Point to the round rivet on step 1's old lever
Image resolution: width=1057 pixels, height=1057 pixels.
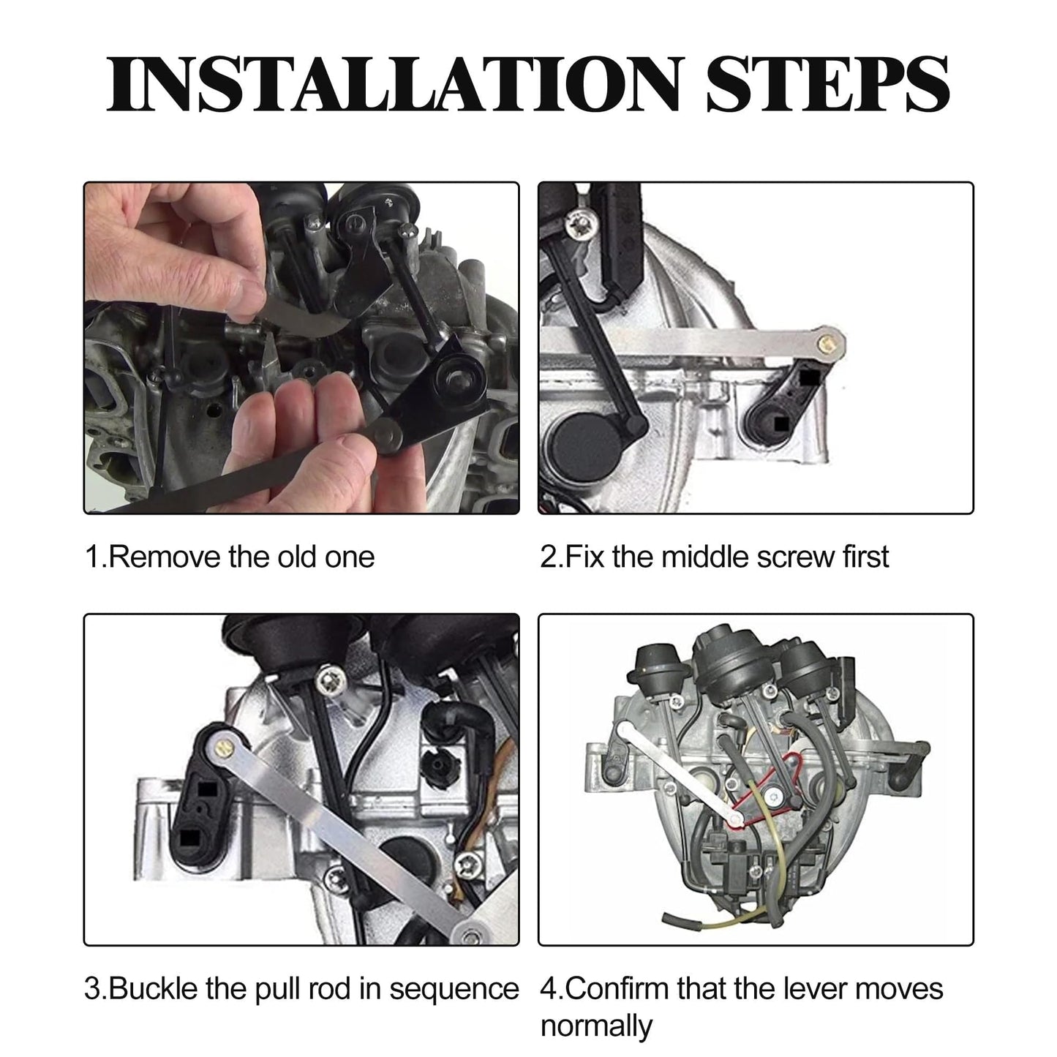pos(389,436)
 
